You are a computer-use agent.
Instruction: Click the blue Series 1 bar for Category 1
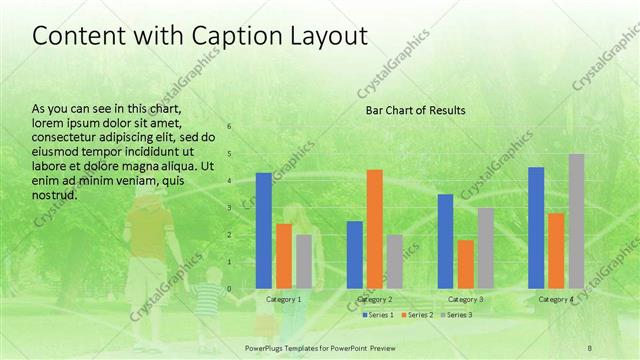(x=264, y=231)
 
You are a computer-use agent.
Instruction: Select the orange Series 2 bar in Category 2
(x=374, y=229)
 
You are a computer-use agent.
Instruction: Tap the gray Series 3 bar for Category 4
(x=576, y=221)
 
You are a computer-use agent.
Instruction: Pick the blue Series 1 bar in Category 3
(x=445, y=241)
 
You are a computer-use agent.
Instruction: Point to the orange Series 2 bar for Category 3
(x=465, y=264)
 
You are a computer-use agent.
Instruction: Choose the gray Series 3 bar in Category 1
(x=303, y=262)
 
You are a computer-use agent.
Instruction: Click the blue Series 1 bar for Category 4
(x=536, y=228)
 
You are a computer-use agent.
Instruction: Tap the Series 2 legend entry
(x=417, y=315)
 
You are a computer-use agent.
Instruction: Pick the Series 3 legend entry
(x=456, y=315)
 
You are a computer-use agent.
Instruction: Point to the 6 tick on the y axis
(x=229, y=127)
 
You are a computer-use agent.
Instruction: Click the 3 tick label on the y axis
(x=229, y=208)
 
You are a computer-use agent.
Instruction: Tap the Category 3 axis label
(x=465, y=300)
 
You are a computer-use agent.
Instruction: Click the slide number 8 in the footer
(x=590, y=346)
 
